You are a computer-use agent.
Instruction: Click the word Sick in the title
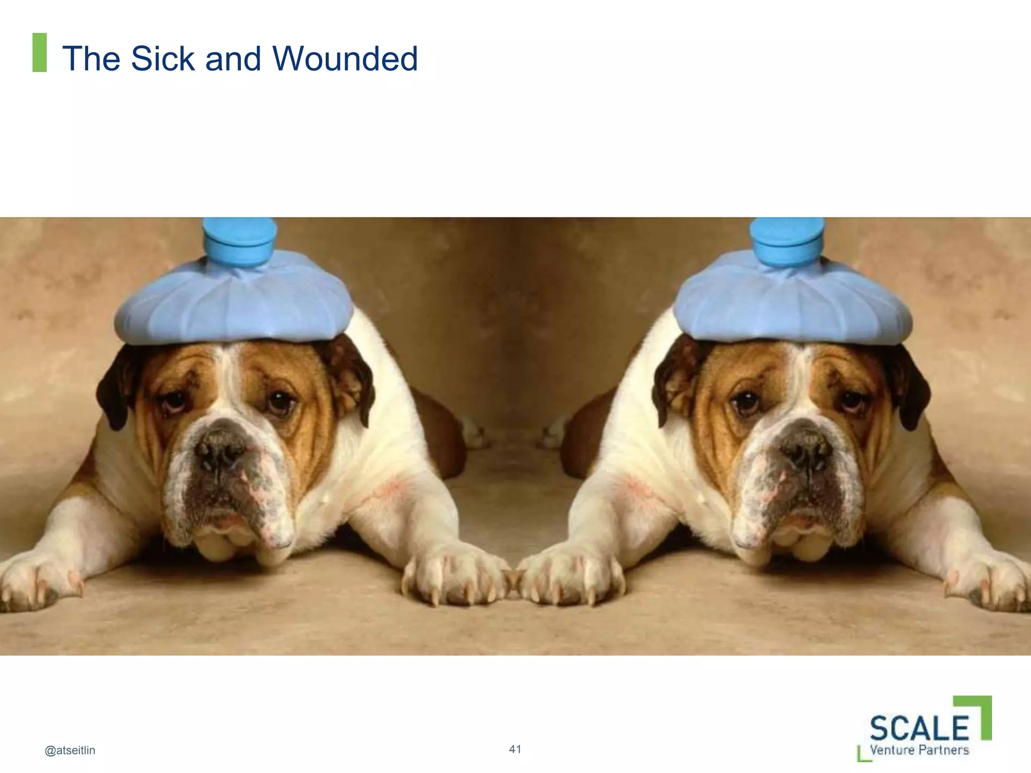162,58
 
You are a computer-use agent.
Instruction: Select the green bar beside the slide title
39,52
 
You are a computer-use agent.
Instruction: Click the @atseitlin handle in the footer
70,750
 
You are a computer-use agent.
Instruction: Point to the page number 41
515,749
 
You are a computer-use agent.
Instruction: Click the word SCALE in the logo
919,727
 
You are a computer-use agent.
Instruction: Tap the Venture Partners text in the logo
919,750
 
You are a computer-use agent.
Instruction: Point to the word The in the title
91,58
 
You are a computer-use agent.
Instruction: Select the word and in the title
234,58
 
